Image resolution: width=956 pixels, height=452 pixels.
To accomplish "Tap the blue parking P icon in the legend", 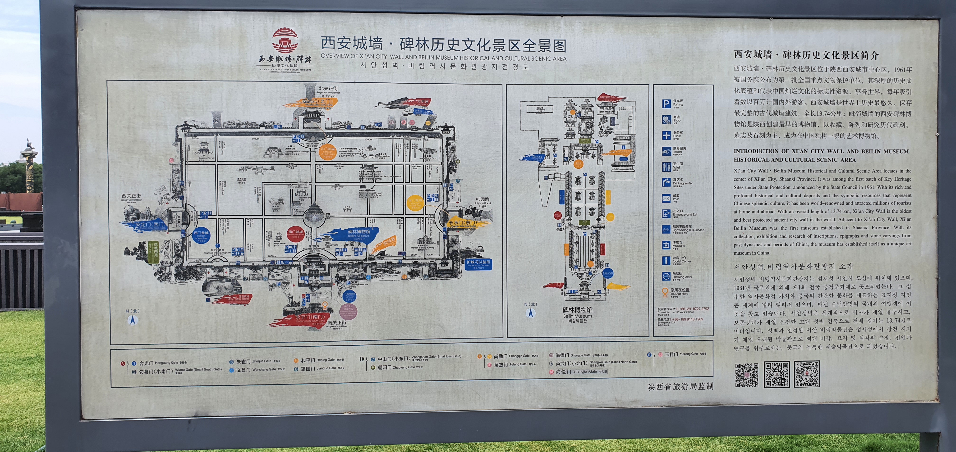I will [666, 104].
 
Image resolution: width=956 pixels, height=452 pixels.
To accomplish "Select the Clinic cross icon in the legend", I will [666, 135].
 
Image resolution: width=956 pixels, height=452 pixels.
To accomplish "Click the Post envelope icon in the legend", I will [666, 198].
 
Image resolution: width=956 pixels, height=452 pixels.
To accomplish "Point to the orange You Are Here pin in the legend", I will [665, 292].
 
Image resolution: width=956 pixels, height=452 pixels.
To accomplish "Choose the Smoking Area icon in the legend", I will [666, 276].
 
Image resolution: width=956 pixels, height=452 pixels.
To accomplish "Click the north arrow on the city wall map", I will [133, 319].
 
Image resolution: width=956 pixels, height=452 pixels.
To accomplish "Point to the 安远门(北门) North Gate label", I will [317, 101].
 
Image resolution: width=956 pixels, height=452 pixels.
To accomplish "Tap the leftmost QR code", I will [747, 375].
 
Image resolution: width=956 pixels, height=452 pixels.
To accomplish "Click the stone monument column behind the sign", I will [29, 167].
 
